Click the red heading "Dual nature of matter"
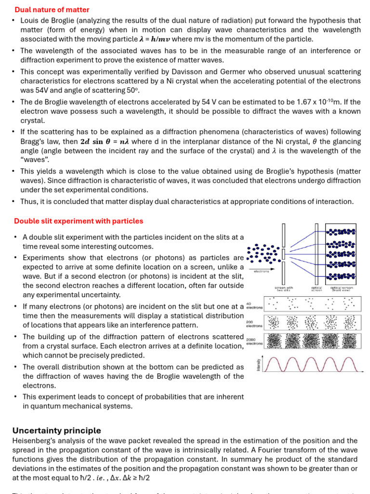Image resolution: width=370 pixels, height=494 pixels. pos(52,10)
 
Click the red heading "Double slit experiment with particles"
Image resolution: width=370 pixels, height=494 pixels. pos(79,221)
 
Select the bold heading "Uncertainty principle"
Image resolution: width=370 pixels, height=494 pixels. pos(57,430)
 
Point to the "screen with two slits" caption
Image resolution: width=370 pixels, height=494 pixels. pos(284,288)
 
